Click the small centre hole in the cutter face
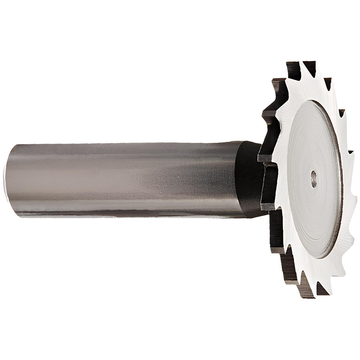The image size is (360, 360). click(x=314, y=179)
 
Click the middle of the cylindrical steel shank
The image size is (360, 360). click(x=122, y=179)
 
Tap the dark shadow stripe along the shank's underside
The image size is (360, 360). click(x=126, y=212)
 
